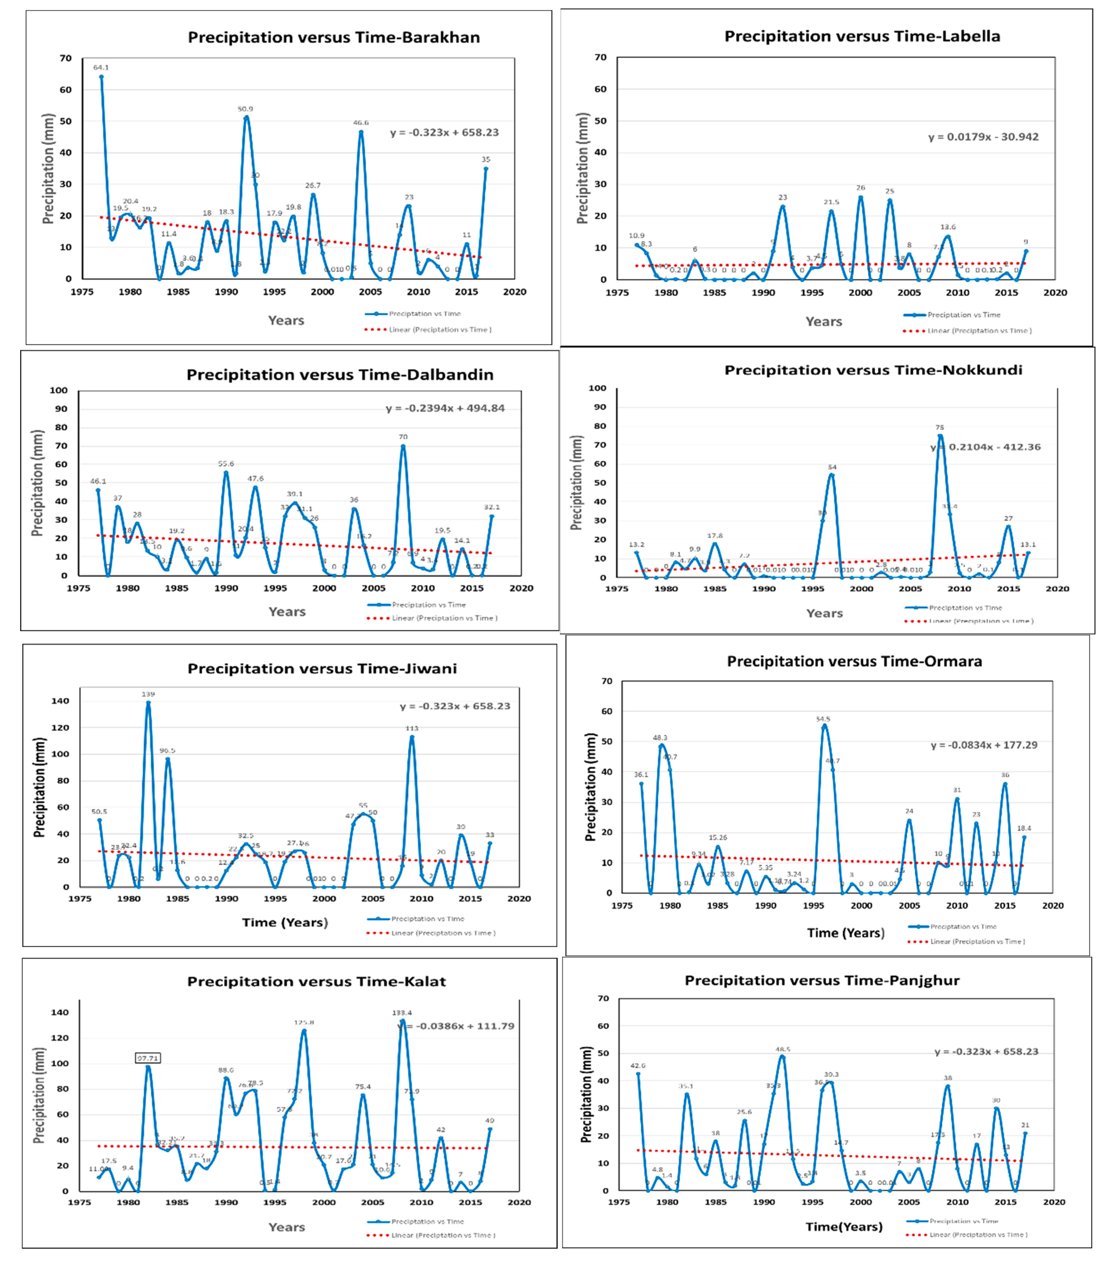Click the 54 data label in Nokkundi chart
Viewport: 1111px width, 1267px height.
(832, 467)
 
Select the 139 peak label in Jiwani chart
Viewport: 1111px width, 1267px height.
(148, 694)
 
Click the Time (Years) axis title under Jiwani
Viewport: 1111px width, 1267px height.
(285, 922)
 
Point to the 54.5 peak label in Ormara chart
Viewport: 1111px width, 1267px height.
(823, 719)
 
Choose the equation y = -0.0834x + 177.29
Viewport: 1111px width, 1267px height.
(984, 745)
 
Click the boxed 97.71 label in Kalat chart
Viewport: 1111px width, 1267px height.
(148, 1058)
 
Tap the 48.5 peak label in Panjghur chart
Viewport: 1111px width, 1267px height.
(783, 1049)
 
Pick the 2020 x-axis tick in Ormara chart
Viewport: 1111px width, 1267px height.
(1053, 906)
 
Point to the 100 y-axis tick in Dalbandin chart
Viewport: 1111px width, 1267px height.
(59, 391)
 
